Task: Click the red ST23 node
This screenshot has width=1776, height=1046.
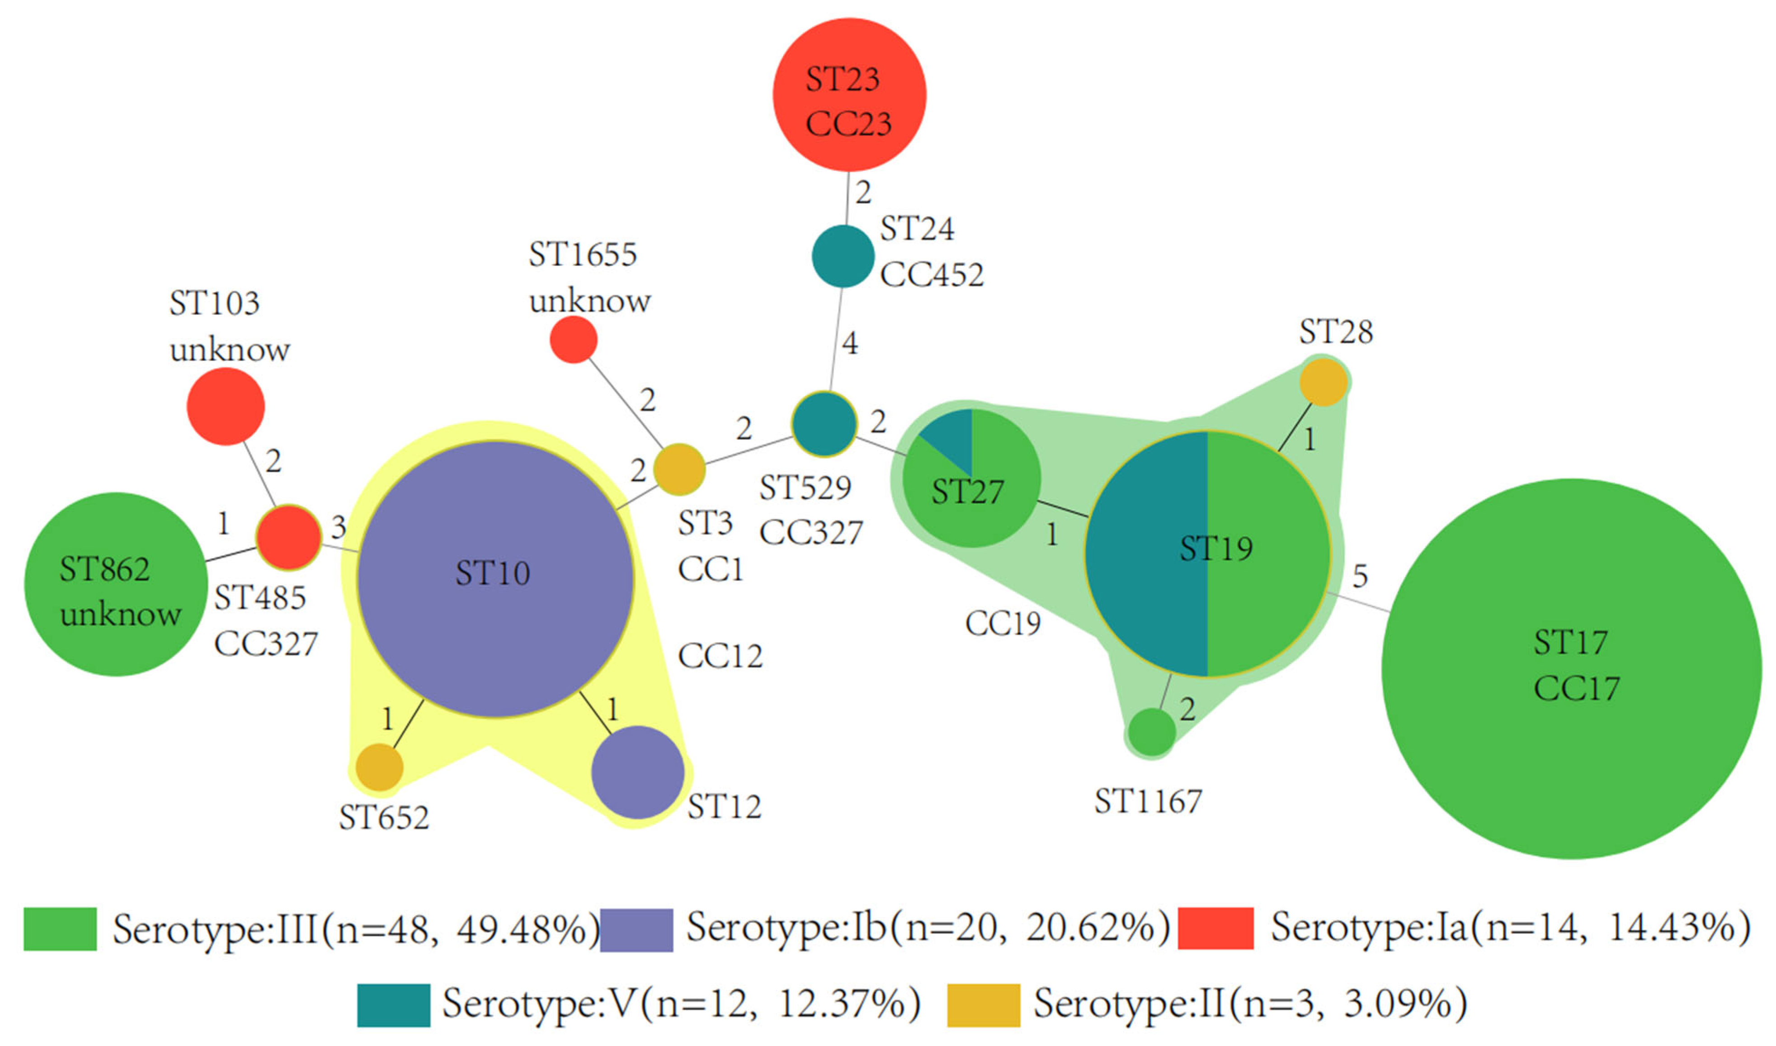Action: point(849,95)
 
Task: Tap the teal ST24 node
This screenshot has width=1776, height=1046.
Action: point(843,256)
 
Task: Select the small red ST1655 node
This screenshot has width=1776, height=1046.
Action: point(574,340)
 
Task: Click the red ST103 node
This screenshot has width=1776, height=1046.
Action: point(226,406)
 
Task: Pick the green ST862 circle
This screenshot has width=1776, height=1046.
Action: point(116,584)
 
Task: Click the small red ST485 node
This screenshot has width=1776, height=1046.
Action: point(288,537)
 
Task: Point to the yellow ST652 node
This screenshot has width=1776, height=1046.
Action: point(379,767)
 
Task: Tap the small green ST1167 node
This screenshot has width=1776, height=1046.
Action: point(1152,732)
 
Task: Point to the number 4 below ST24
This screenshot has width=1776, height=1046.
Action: point(850,343)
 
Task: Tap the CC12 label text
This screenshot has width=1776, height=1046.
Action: point(720,656)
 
